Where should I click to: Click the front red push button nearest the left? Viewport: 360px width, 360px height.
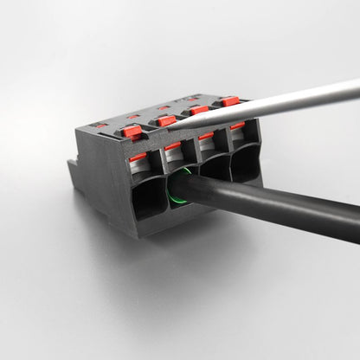(132, 132)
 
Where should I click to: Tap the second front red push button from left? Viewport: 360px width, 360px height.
(166, 120)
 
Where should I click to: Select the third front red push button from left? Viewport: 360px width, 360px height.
(199, 110)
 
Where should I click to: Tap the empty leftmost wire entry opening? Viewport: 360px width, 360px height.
(147, 197)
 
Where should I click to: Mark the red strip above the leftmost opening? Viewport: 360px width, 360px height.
(138, 157)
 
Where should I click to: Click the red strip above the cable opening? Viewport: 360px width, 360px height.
(173, 146)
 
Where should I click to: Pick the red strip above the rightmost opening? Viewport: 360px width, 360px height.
(236, 126)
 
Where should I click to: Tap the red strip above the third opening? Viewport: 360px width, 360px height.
(206, 136)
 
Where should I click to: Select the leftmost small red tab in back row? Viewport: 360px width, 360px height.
(102, 125)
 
